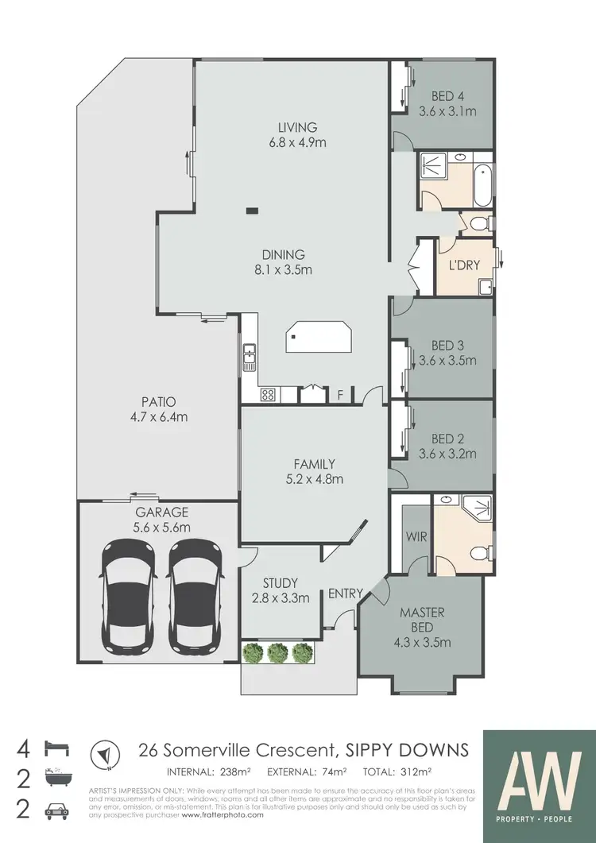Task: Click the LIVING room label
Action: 297,127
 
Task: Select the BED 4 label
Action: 447,96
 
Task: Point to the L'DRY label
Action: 464,265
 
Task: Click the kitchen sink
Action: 250,357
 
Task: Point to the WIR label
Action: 416,537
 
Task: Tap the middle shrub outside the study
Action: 277,652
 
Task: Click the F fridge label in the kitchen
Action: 340,393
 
